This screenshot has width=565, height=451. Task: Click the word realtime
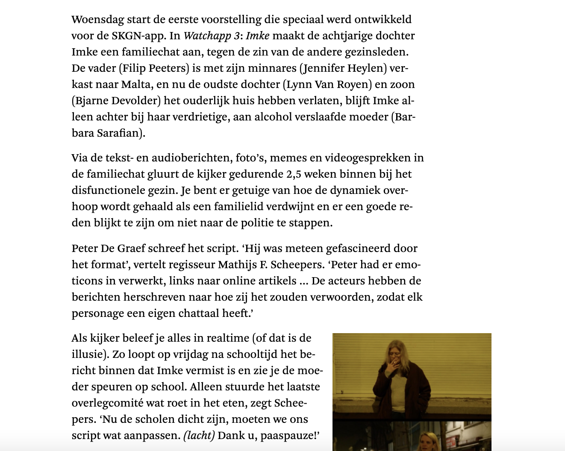pos(228,338)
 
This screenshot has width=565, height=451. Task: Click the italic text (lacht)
pos(199,436)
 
